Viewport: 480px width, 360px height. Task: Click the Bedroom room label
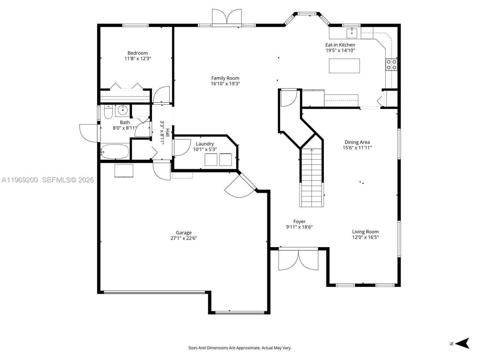(137, 53)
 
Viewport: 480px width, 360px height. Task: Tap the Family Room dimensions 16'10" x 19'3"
(225, 84)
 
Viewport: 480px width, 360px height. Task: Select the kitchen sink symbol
(352, 33)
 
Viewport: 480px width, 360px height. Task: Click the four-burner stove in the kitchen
(391, 64)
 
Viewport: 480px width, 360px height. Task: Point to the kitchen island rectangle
(344, 66)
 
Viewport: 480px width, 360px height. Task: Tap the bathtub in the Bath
(115, 151)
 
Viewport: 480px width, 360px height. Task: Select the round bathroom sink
(122, 110)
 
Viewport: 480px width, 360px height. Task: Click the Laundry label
(205, 144)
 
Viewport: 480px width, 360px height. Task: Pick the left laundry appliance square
(211, 159)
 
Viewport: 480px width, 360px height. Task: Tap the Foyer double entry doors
(298, 260)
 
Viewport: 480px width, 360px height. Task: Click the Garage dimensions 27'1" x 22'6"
(184, 238)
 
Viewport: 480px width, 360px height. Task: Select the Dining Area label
(357, 142)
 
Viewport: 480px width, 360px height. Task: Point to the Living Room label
(365, 232)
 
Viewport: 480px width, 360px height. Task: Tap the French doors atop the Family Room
(226, 17)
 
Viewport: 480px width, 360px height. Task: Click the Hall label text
(168, 133)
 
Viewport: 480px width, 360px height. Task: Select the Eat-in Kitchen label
(340, 45)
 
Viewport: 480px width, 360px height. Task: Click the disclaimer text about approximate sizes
(240, 348)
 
